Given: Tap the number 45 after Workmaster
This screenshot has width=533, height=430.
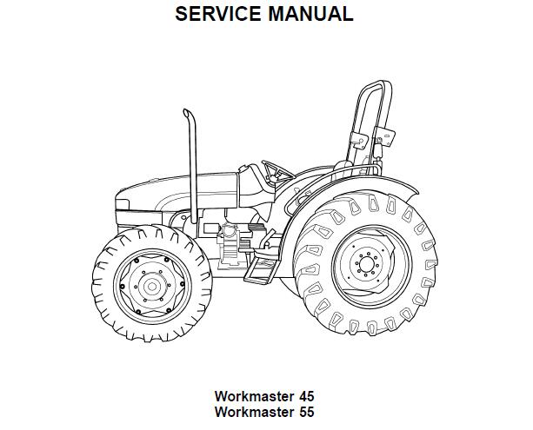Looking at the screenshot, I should pos(303,395).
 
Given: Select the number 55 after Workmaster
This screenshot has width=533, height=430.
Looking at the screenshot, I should pos(303,413).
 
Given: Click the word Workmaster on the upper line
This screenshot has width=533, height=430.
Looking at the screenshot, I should pos(253,395).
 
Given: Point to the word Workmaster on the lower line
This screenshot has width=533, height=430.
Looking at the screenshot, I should pos(253,413).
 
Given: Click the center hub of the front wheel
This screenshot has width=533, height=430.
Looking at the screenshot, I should pos(150,286).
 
